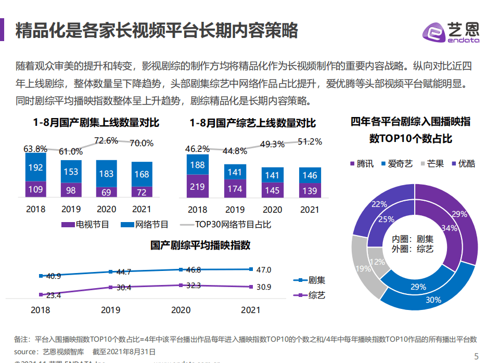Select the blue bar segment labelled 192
35,167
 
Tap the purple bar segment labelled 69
106,192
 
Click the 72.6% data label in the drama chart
106,141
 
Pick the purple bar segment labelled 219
197,186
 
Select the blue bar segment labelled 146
310,175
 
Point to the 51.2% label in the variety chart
310,141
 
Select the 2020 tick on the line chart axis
181,310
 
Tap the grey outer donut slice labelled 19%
363,268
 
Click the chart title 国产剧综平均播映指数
200,244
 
